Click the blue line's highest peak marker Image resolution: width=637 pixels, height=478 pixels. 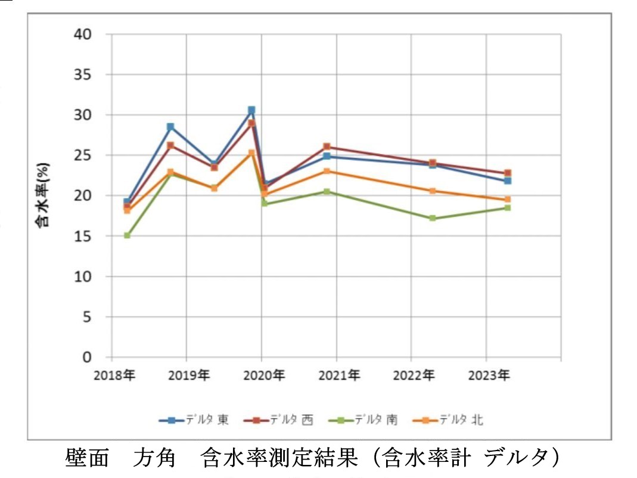(251, 110)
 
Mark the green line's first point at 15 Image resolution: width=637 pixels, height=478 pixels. (127, 235)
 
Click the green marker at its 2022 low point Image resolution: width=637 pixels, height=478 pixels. (432, 218)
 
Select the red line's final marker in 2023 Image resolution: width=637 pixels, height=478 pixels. (507, 173)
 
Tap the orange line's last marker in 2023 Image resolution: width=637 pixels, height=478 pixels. (507, 200)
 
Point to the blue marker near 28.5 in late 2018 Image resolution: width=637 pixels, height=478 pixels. (170, 127)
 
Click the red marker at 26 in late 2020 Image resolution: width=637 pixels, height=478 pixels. (327, 147)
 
